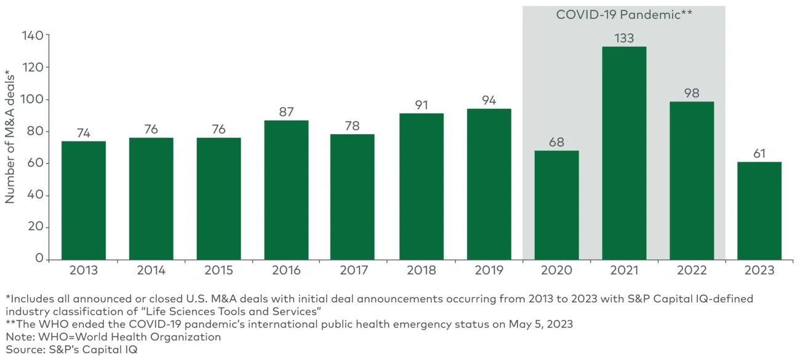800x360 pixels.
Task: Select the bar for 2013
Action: coord(84,200)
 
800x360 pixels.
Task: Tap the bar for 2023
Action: coord(759,210)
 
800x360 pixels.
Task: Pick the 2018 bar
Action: coord(422,186)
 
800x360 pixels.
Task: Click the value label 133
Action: coord(624,38)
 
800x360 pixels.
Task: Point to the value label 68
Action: coord(556,142)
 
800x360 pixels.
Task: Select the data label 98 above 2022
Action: coord(692,94)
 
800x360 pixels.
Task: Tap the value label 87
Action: coord(286,112)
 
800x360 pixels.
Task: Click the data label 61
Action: coord(759,153)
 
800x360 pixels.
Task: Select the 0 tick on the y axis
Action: coord(40,259)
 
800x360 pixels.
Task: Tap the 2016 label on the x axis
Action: coord(286,270)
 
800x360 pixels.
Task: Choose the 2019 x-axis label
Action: coord(489,270)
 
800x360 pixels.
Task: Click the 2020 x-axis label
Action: coord(556,270)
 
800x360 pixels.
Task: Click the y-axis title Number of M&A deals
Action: coord(10,139)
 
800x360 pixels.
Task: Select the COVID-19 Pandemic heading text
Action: coord(623,15)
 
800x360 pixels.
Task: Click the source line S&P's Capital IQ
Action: coord(71,350)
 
